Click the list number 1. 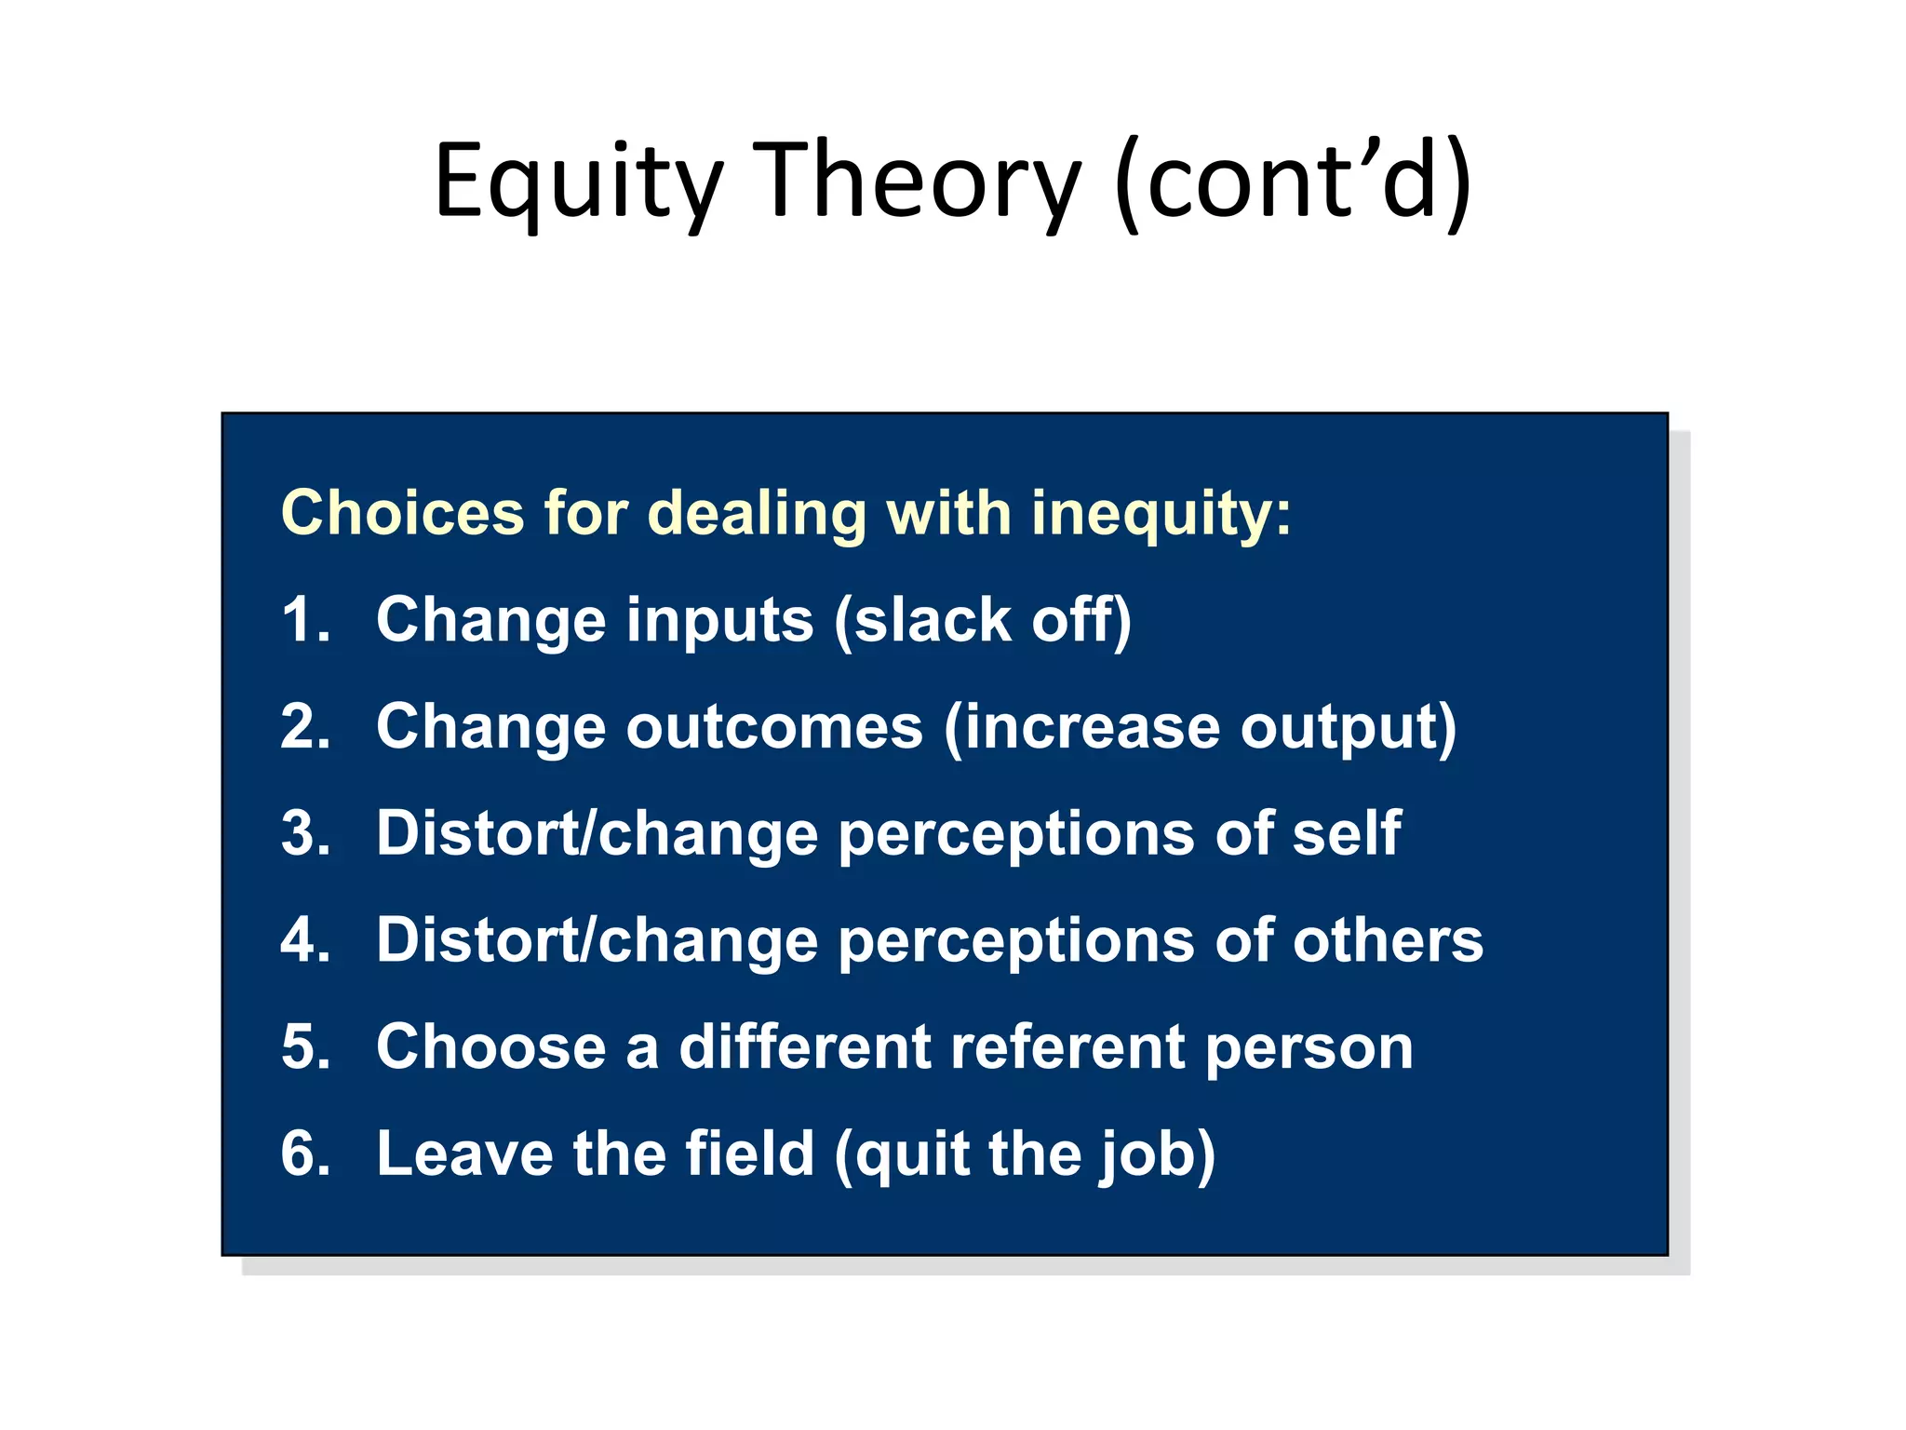(x=305, y=620)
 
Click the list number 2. (x=305, y=727)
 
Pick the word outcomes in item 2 (x=774, y=727)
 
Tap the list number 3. (x=305, y=833)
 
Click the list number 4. (x=305, y=940)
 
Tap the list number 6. (x=305, y=1153)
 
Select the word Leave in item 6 (x=464, y=1153)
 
